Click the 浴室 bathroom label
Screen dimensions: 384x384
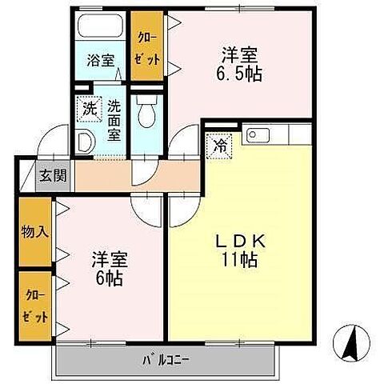101,60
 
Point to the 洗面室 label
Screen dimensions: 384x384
114,118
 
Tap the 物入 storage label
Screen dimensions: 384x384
34,234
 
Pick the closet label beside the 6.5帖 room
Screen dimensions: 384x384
146,48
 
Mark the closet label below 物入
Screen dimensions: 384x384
34,304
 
